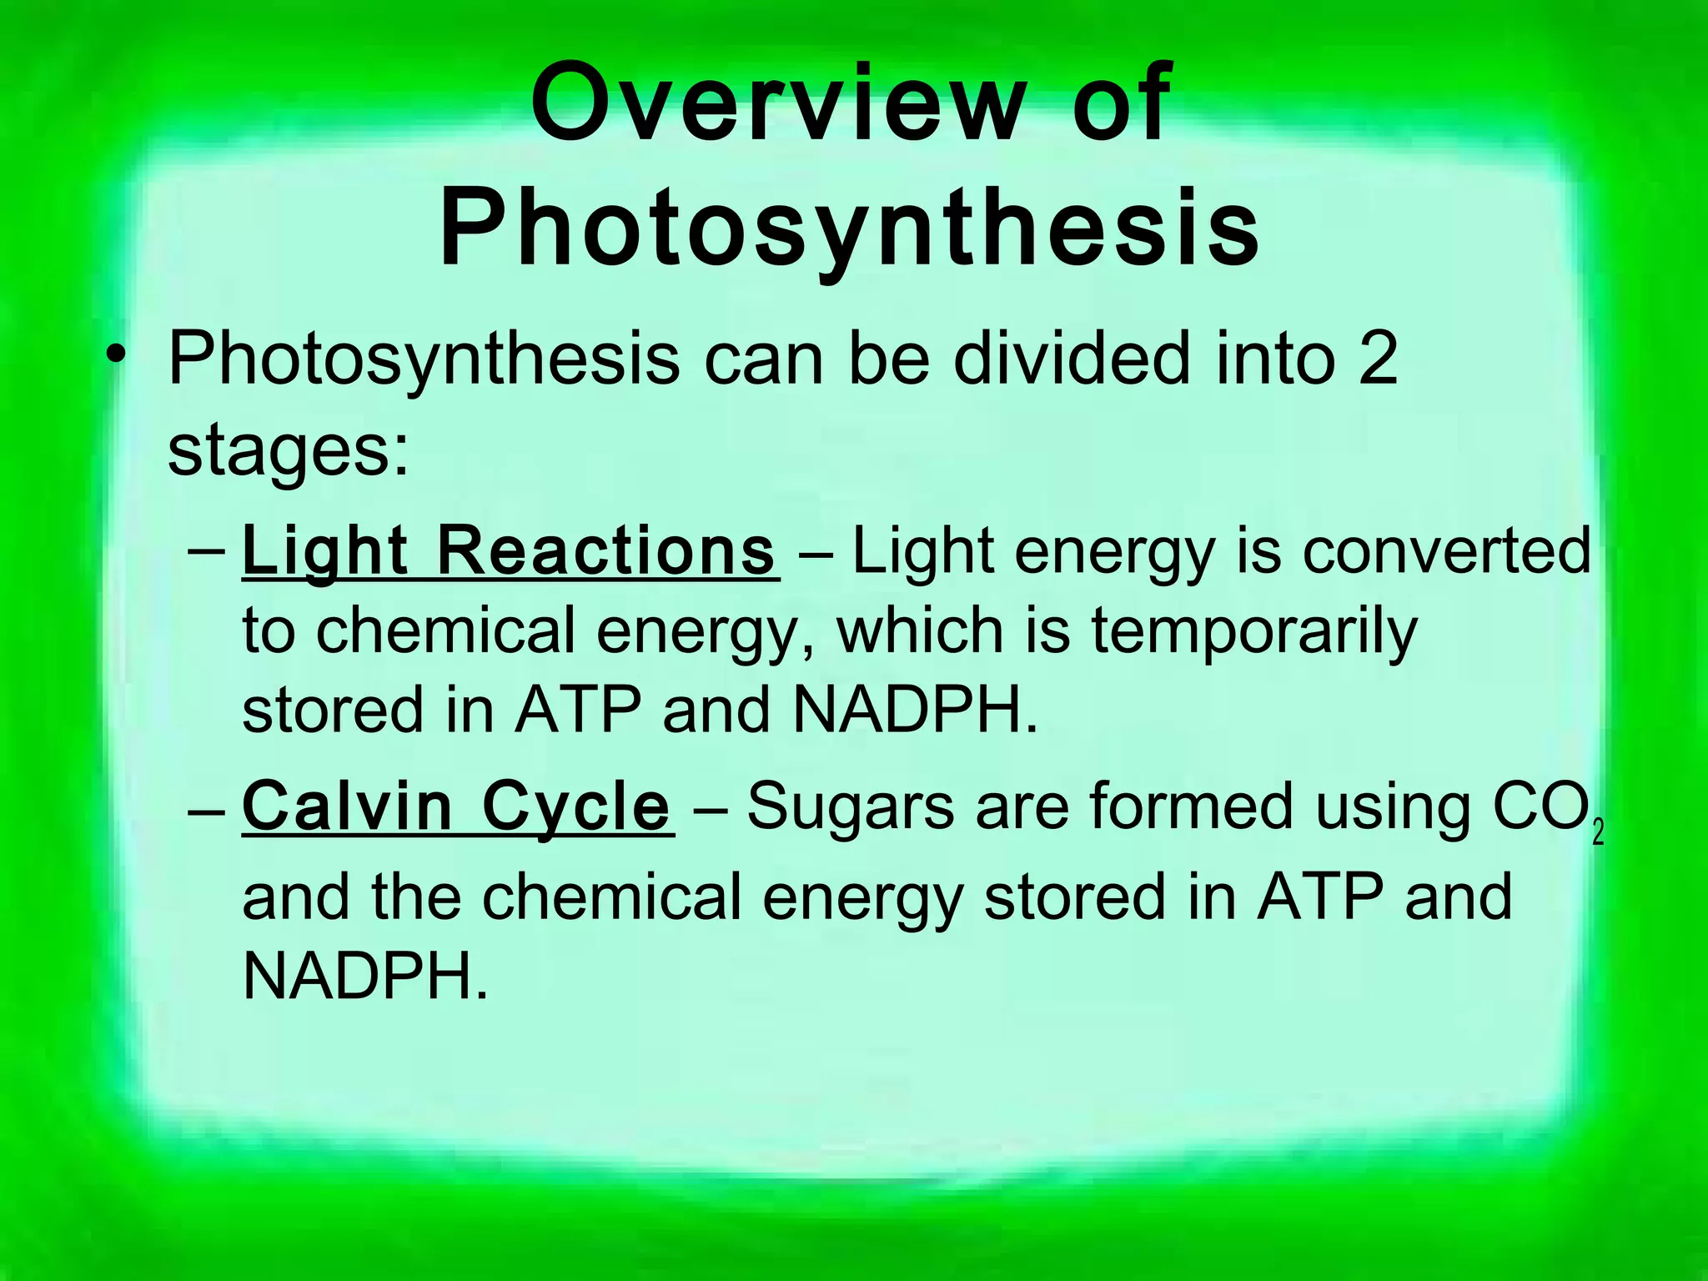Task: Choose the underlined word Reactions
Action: tap(606, 551)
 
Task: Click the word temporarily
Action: tap(1254, 631)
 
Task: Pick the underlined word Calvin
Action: tap(346, 806)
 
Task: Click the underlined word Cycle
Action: tap(576, 808)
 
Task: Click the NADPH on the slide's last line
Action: tap(364, 975)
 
